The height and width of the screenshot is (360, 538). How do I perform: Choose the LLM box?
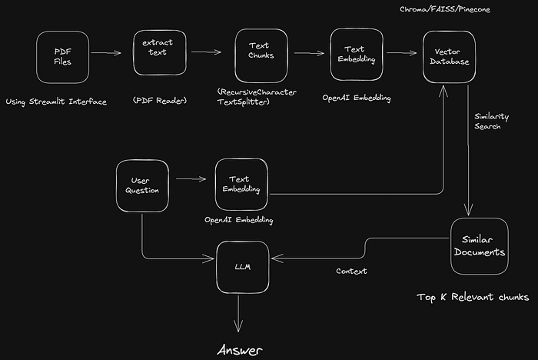(239, 266)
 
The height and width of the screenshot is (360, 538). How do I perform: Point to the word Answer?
(239, 350)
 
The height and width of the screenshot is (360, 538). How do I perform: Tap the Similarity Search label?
(487, 122)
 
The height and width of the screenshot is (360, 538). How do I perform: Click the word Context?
(351, 272)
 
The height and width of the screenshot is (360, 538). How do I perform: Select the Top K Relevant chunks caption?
(472, 296)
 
